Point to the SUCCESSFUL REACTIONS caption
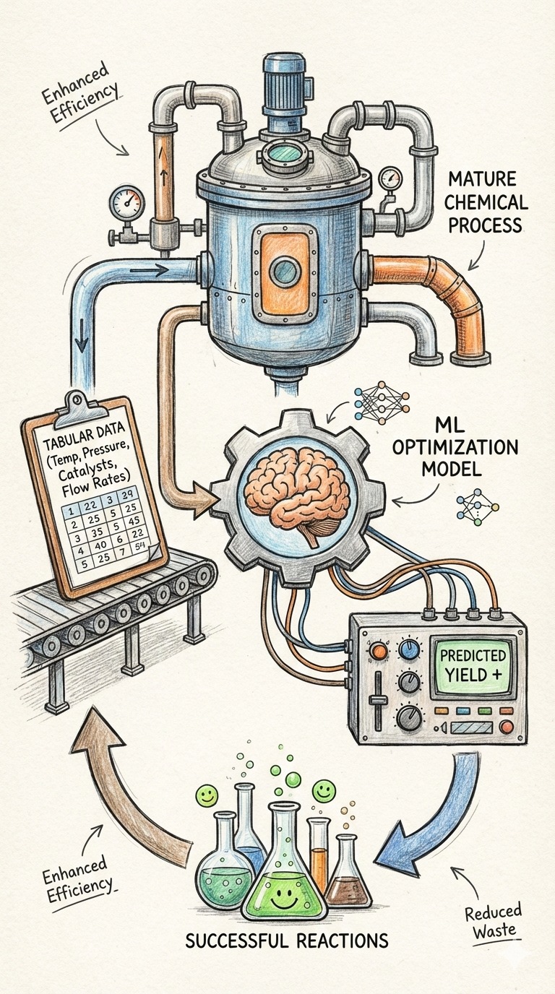(x=288, y=940)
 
